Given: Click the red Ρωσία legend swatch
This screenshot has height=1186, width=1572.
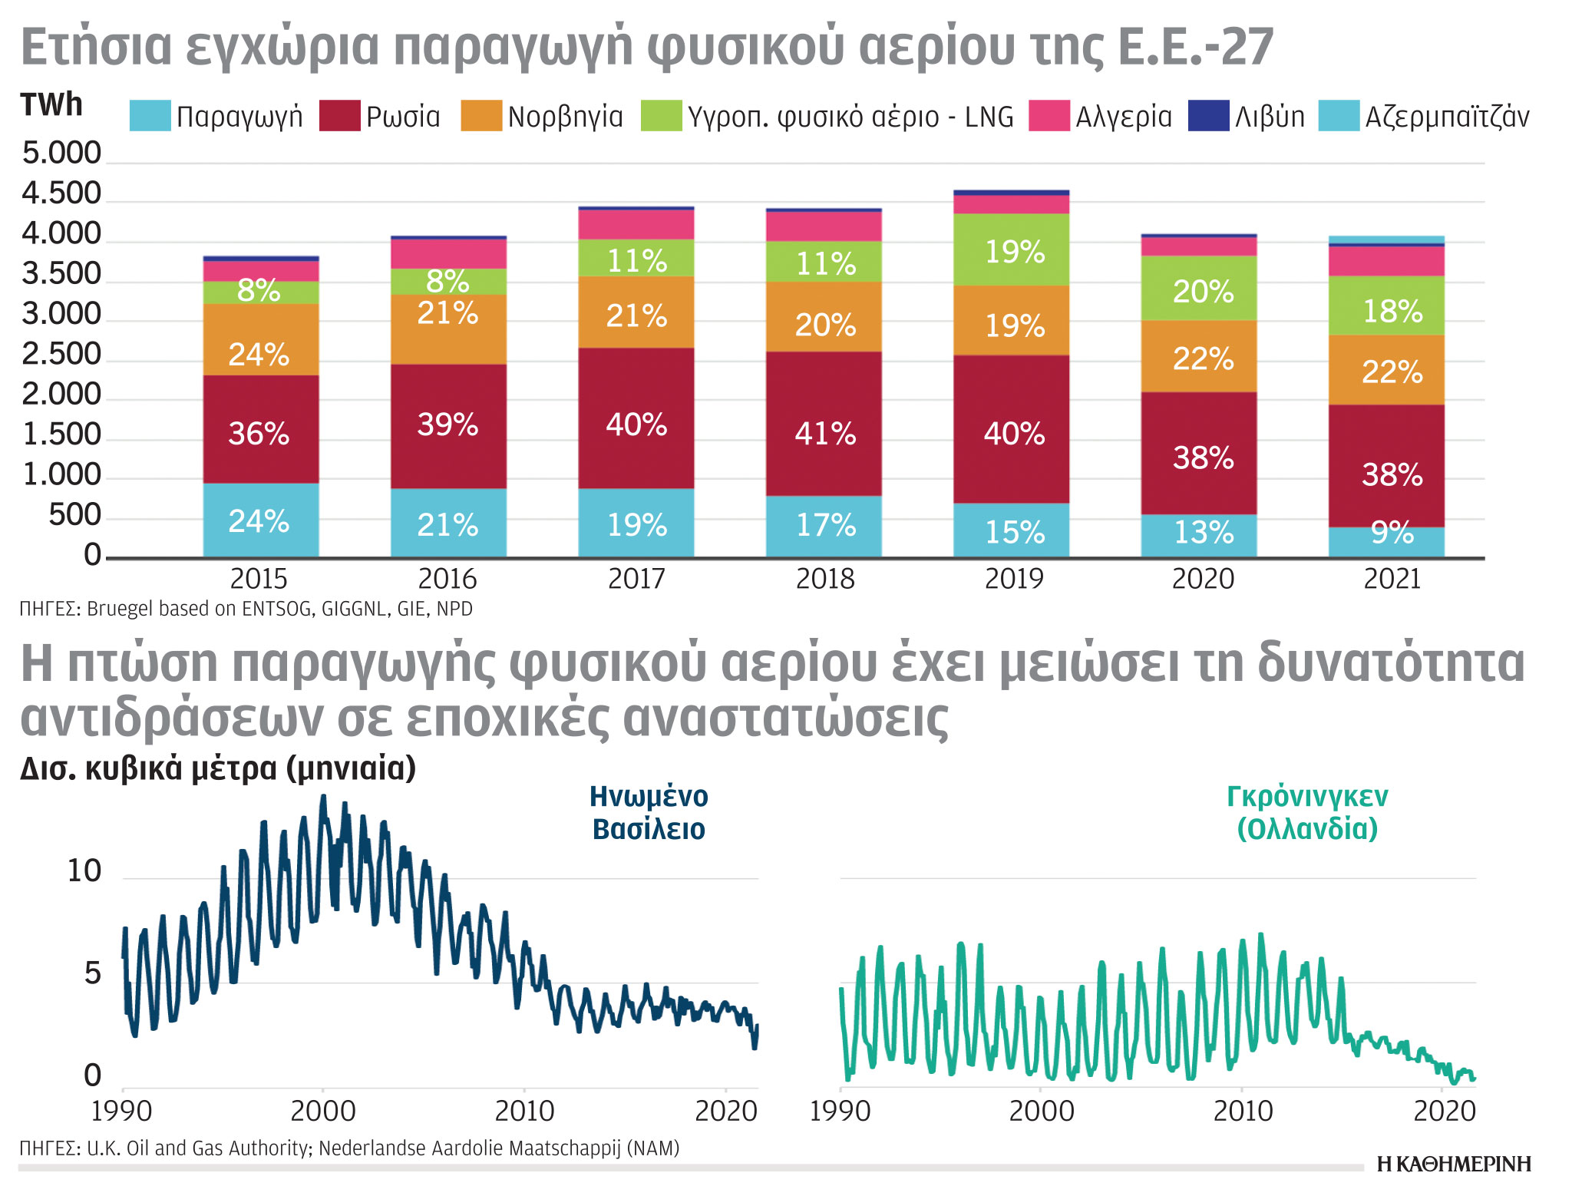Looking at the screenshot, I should click(339, 116).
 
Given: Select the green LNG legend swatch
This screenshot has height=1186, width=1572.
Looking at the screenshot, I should click(661, 116).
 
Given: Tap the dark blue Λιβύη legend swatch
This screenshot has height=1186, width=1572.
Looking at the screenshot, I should click(1208, 116).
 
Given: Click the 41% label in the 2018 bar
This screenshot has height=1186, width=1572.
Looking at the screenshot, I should click(824, 434).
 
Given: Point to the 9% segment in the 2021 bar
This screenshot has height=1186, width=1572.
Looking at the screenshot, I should click(1391, 533).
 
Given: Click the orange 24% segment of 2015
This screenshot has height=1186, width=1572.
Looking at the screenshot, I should click(259, 354).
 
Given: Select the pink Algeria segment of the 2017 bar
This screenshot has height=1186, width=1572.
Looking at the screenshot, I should click(636, 224).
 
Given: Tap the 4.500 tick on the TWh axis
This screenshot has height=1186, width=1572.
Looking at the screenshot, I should click(61, 193).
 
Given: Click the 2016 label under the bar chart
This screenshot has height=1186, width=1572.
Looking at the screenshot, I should click(447, 579).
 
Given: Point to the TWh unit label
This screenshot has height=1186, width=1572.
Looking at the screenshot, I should click(51, 105).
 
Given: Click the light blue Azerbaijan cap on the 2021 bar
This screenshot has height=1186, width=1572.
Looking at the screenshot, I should click(1386, 240).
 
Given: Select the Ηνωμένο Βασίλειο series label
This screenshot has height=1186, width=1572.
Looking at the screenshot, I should click(649, 813).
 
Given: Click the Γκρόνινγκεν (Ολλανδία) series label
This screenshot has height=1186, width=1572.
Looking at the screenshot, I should click(1307, 813).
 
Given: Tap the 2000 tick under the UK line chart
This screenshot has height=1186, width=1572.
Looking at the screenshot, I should click(323, 1111).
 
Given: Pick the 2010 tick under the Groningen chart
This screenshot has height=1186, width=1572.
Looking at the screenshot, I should click(1243, 1111).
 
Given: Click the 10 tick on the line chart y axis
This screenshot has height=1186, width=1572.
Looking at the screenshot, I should click(84, 871).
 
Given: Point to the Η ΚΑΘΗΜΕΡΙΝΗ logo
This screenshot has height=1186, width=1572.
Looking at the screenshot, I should click(1454, 1164).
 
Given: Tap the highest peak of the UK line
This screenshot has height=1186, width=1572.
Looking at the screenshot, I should click(323, 797).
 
